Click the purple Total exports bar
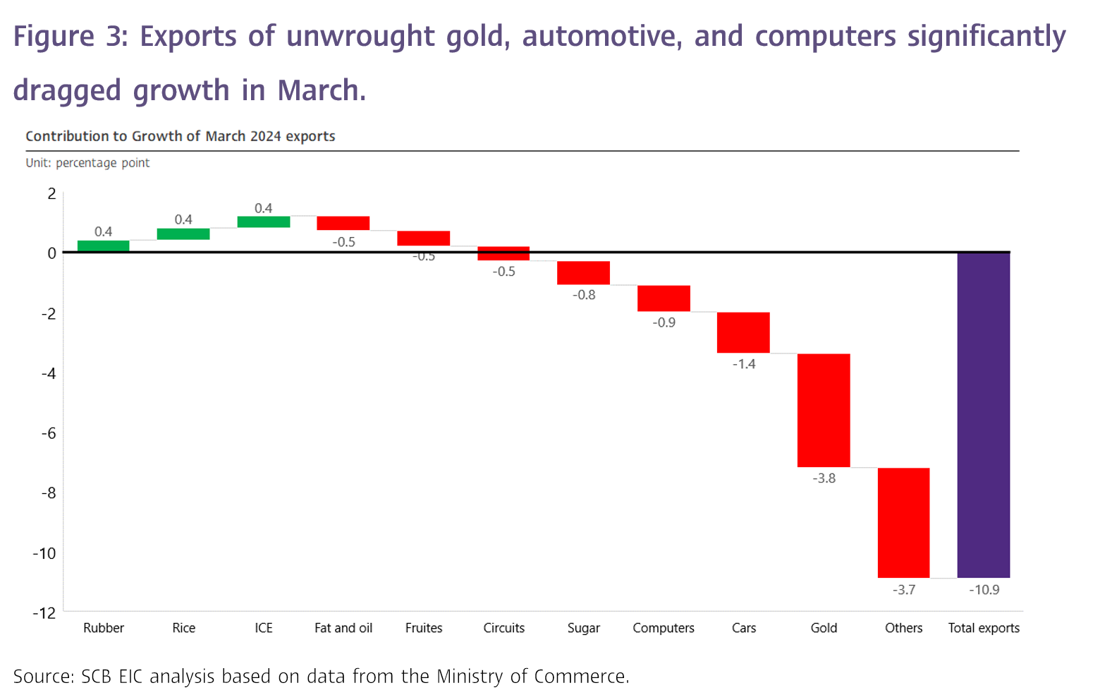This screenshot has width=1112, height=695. tap(983, 415)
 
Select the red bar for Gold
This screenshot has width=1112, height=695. tap(824, 410)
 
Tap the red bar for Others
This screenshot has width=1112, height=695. tap(903, 522)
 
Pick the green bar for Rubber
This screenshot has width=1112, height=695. tap(103, 246)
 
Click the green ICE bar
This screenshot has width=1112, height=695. tap(263, 222)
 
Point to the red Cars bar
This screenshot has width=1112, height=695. tap(743, 332)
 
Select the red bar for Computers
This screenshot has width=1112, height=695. tap(664, 298)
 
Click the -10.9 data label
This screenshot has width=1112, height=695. tap(984, 590)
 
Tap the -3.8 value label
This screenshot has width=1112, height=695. tap(824, 478)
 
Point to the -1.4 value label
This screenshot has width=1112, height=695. tap(743, 364)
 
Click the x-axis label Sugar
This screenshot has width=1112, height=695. tap(583, 628)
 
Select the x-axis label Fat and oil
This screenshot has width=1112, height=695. tap(343, 628)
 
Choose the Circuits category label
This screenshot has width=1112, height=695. tap(503, 628)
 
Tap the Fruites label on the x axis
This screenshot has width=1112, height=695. tap(424, 628)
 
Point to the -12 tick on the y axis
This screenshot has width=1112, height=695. tap(44, 613)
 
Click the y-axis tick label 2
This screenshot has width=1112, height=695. tap(51, 193)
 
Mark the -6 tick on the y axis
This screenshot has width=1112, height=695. tap(47, 433)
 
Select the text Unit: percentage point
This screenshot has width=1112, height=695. tap(87, 163)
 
